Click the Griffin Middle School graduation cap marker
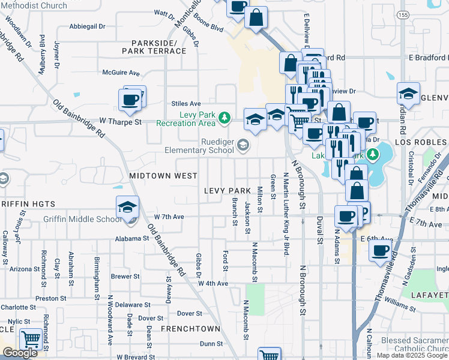(x=127, y=208)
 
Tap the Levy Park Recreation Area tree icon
(x=224, y=118)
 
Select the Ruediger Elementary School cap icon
(x=243, y=145)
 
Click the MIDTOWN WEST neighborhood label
(x=163, y=176)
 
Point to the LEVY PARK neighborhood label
(x=227, y=191)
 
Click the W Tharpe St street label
(x=120, y=122)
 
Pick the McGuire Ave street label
(x=121, y=73)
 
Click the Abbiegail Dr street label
(x=87, y=26)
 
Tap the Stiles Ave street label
(x=185, y=103)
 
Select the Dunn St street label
(x=211, y=344)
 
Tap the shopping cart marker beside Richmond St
(x=31, y=340)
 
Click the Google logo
(x=20, y=353)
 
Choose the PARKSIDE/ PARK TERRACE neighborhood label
(x=154, y=47)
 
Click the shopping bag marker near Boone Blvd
(x=256, y=17)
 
